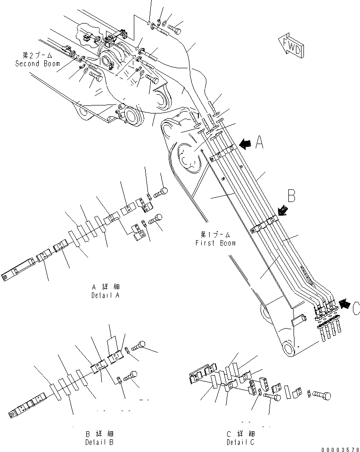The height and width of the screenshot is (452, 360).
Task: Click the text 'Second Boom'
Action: [x=38, y=64]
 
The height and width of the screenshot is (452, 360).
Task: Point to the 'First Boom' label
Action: [x=215, y=243]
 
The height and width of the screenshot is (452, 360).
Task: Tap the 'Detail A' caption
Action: [x=105, y=295]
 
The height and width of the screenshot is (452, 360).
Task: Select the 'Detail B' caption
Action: [x=99, y=442]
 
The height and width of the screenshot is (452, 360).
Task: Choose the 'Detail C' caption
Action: [x=240, y=442]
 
